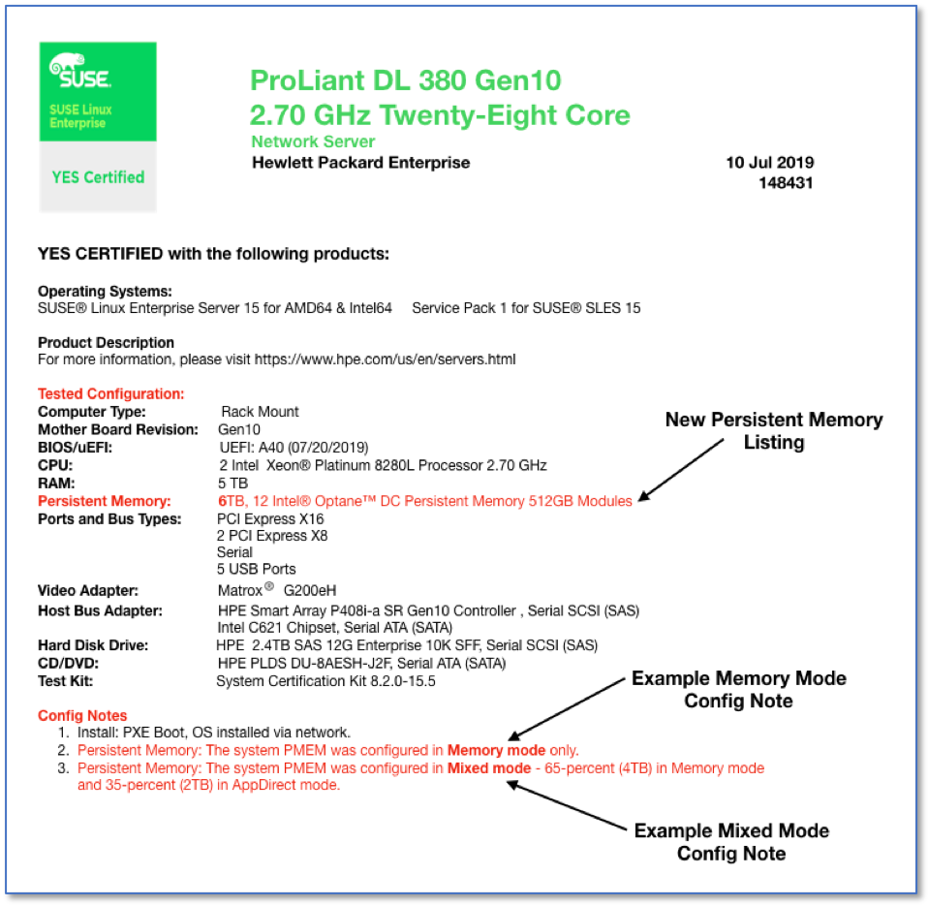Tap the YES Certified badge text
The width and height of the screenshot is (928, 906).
coord(98,177)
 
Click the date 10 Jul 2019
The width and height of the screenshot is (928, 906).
coord(770,163)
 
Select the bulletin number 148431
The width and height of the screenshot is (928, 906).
coord(786,182)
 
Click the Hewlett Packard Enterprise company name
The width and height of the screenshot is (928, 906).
coord(360,163)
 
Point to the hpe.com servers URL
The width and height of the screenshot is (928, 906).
coord(385,359)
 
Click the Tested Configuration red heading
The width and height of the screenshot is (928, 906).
coord(110,394)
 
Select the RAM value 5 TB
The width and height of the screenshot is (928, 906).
coord(233,483)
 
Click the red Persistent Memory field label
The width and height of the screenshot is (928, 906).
coord(104,501)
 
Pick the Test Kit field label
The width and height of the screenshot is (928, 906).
coord(65,681)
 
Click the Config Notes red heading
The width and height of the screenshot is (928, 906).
coord(82,715)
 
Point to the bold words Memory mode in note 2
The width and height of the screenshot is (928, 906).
coord(488,750)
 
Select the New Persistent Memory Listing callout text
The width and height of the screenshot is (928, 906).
coord(773,431)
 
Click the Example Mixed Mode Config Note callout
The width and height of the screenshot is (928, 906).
coord(731,842)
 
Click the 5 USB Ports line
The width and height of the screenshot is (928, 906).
coord(257,569)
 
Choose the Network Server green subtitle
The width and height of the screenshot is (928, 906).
coord(313,141)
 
